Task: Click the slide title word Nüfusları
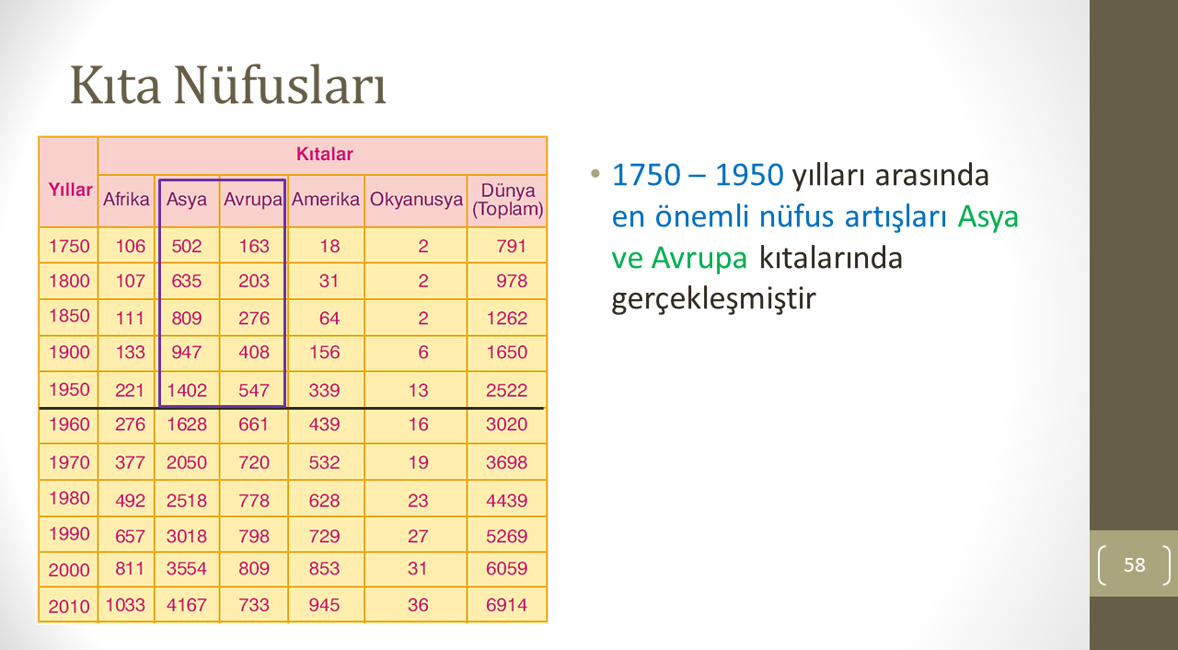click(281, 86)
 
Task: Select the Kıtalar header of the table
click(325, 154)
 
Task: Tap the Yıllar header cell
click(70, 190)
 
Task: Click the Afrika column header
click(126, 199)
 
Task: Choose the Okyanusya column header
click(416, 200)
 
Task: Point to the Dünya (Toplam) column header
click(507, 200)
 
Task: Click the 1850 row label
click(69, 316)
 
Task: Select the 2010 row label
click(69, 607)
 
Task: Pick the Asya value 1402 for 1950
click(187, 390)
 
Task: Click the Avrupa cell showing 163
click(254, 246)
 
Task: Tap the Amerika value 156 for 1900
click(325, 352)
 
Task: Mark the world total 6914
click(506, 605)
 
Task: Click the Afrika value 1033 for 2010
click(125, 605)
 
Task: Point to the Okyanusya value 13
click(418, 390)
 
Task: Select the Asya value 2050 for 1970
click(187, 462)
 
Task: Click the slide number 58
click(1135, 564)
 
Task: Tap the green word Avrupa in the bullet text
click(699, 258)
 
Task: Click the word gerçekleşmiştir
click(713, 298)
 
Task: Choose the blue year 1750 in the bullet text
click(646, 175)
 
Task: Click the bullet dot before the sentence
click(595, 173)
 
